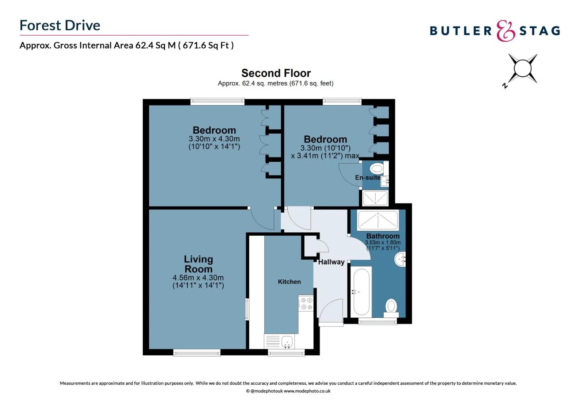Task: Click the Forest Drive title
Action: tap(60, 25)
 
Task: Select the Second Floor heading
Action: tap(276, 73)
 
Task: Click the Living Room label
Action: tap(198, 264)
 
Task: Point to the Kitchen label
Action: tap(289, 282)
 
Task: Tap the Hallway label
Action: tap(331, 262)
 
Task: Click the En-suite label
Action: tap(367, 177)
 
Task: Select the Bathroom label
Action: tap(383, 236)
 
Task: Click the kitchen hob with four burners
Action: tap(306, 304)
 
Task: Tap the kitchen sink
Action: tap(287, 341)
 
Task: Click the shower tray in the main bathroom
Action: tap(378, 220)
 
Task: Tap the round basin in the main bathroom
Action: tap(400, 259)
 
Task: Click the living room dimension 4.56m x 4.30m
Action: tap(198, 278)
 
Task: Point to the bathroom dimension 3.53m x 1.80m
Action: tap(383, 243)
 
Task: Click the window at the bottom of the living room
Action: tap(197, 353)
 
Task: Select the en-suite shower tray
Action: tap(375, 198)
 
